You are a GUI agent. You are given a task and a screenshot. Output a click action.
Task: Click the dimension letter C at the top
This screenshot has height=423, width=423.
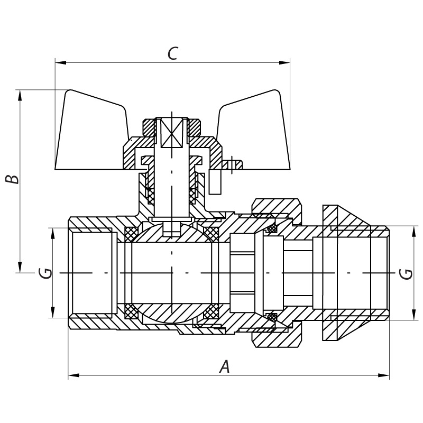click(172, 53)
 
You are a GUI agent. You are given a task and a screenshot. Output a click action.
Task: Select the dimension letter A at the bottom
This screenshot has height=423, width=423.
click(225, 366)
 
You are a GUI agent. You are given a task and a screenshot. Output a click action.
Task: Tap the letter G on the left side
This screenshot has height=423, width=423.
click(47, 273)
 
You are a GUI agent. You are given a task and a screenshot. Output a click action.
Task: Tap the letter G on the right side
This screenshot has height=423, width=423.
click(406, 273)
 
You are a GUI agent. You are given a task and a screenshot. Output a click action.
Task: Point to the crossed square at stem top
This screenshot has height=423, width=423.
click(172, 131)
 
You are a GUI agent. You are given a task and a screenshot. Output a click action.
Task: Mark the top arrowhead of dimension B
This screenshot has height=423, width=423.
click(20, 95)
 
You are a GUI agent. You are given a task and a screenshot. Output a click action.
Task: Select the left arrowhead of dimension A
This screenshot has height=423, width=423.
click(73, 375)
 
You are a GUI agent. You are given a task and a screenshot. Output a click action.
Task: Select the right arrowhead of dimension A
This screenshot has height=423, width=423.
click(384, 375)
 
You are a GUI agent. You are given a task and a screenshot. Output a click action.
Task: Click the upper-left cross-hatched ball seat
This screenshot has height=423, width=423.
click(131, 233)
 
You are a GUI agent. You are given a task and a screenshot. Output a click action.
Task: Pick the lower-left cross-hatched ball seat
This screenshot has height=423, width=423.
click(131, 312)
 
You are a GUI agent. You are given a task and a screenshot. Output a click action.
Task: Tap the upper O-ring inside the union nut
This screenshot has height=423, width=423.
click(272, 228)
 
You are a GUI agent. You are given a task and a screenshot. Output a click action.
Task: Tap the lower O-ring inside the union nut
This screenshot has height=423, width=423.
click(272, 317)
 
